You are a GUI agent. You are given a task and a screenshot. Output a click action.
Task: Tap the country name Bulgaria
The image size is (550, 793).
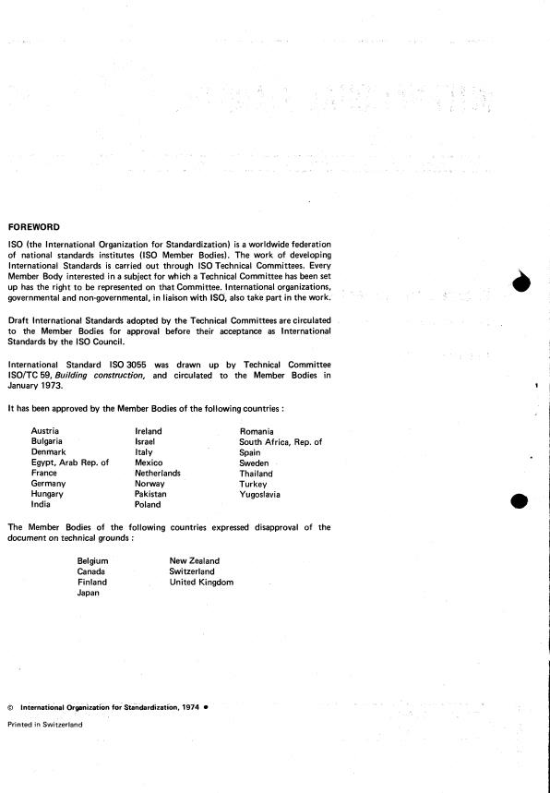point(47,442)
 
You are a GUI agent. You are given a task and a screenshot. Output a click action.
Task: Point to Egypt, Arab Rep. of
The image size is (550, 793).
point(70,463)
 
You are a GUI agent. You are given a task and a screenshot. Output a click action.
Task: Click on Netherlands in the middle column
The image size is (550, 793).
point(158,473)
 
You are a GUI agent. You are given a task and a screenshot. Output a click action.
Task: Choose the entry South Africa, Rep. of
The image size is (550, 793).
point(281,442)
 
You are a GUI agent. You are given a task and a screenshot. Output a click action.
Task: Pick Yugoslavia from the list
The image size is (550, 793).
point(260,495)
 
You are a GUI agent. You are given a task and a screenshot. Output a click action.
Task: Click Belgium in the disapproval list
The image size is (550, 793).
point(93,561)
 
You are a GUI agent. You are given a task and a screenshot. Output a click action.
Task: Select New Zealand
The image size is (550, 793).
point(195,561)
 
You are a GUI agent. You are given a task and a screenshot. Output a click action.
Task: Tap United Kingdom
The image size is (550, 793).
point(201,583)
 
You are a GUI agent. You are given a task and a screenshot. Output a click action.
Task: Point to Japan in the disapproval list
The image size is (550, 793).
point(90,594)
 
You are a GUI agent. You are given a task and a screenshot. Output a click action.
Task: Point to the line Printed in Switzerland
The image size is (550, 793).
point(44,725)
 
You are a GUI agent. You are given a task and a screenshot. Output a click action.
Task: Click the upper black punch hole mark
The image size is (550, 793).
point(522,284)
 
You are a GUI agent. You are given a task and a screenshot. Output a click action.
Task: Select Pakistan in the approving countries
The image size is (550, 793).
point(151,495)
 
